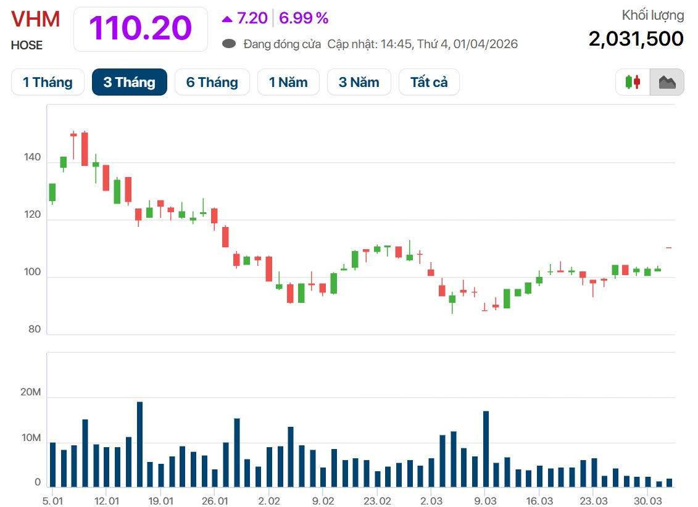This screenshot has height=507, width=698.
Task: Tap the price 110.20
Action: point(141,28)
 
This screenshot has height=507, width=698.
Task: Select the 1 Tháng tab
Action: point(48,82)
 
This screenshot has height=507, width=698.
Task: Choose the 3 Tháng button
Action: point(130,82)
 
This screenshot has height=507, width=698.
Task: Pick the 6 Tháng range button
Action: point(212,82)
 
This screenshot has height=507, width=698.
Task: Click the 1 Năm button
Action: point(288,82)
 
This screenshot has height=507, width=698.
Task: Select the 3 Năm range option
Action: point(359,82)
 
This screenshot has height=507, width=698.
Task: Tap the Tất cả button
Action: point(429,82)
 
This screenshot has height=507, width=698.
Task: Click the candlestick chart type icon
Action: point(633,82)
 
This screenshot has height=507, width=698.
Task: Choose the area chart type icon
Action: point(667,82)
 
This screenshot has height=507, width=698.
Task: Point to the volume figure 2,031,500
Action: point(636,38)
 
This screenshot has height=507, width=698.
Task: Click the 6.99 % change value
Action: point(304,19)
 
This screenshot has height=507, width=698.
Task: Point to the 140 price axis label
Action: point(33,158)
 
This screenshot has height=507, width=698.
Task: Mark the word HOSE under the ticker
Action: point(27,45)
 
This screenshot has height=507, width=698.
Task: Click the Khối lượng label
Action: point(653,15)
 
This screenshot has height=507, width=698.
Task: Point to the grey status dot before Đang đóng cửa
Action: point(230,44)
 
